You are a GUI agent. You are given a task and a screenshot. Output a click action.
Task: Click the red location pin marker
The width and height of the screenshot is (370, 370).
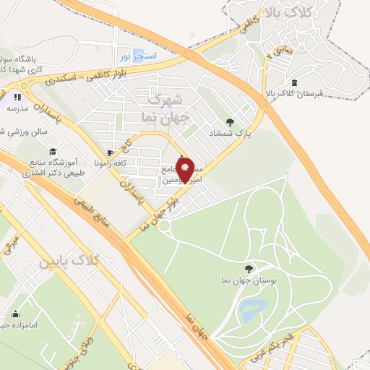(x=187, y=170)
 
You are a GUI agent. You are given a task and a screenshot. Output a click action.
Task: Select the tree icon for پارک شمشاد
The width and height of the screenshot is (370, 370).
(x=231, y=122)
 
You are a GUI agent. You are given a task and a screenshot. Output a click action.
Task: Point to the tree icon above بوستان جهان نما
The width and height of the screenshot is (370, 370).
(x=249, y=268)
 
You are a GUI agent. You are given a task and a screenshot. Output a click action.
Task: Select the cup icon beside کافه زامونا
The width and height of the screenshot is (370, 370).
(x=110, y=152)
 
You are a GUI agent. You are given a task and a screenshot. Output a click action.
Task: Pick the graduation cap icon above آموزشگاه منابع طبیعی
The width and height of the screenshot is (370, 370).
(x=53, y=151)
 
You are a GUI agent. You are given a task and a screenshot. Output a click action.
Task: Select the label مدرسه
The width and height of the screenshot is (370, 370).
(x=17, y=108)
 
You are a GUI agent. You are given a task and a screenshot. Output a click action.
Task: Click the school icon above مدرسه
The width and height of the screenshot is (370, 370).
(x=17, y=95)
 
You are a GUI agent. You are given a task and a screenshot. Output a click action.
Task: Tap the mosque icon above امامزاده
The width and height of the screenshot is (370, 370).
(x=16, y=314)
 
